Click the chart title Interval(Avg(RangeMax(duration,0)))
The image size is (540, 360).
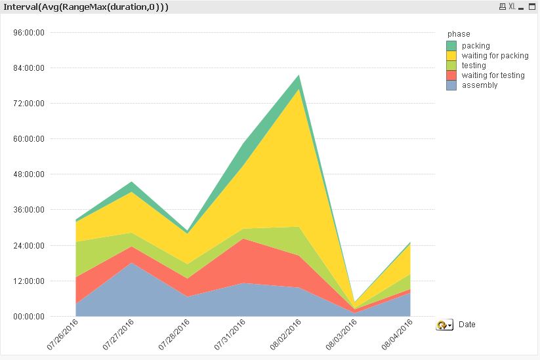[85, 7]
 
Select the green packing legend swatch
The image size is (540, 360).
[451, 46]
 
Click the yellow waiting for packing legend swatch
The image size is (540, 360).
[451, 56]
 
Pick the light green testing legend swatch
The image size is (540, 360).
[451, 66]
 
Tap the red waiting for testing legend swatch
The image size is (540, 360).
[451, 75]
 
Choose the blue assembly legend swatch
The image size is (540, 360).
[451, 85]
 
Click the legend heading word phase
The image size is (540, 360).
[459, 34]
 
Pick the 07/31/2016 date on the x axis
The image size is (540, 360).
[231, 334]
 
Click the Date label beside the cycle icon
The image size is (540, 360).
[467, 325]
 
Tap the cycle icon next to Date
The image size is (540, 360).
[444, 325]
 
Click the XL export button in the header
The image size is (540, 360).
[512, 7]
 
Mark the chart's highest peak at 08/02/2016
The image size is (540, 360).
[299, 75]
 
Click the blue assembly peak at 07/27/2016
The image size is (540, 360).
[132, 263]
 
